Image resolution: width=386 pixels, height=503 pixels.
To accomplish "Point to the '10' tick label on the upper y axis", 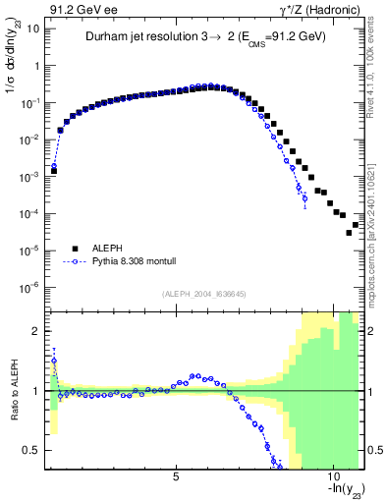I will pyautogui.click(x=31, y=28).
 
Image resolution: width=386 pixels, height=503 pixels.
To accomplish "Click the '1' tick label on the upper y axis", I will pyautogui.click(x=35, y=66).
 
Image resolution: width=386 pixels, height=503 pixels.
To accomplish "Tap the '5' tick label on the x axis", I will pyautogui.click(x=176, y=476).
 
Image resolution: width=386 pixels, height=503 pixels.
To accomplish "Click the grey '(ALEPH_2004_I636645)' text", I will pyautogui.click(x=204, y=294).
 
